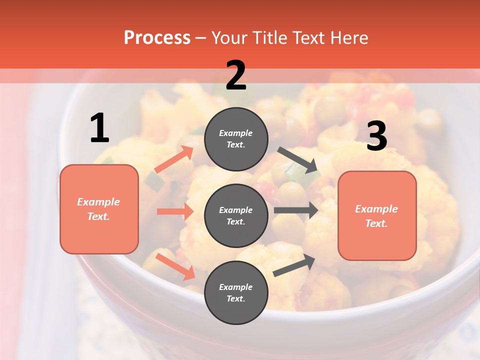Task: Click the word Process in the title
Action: (x=157, y=38)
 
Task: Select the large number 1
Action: (x=99, y=128)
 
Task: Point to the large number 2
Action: (x=236, y=75)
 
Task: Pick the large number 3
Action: (x=376, y=136)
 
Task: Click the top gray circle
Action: (x=236, y=139)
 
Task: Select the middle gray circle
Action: (x=236, y=215)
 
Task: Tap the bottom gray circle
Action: (x=236, y=292)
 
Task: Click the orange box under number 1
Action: (x=99, y=209)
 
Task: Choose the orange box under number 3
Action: (x=377, y=216)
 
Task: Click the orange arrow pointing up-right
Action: (x=174, y=159)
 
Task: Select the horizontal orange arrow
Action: (x=175, y=211)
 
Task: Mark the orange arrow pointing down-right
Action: (x=175, y=266)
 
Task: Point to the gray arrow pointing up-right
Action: (x=294, y=265)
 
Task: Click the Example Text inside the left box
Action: (x=99, y=209)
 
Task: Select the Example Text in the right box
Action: (x=377, y=216)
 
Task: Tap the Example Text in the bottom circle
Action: (x=236, y=292)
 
